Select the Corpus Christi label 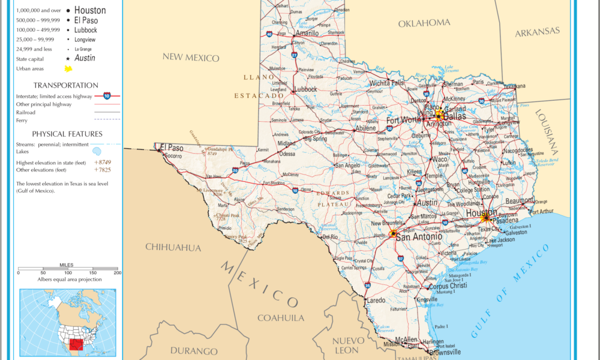448,286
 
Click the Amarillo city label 307,34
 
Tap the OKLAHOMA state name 424,23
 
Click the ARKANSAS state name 537,31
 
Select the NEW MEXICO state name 191,58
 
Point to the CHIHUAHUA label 173,247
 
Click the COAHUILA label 280,318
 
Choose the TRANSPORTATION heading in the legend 66,85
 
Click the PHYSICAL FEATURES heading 67,134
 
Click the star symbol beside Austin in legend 67,59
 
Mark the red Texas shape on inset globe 76,345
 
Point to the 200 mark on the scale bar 117,272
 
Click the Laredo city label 376,300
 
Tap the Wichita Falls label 387,83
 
